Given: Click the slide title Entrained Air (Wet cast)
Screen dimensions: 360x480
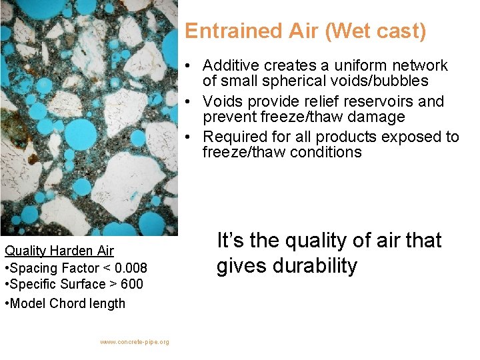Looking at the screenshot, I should point(305,31).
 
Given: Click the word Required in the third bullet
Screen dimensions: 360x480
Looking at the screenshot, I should point(233,137).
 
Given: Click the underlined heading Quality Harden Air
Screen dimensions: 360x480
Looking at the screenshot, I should point(59,251).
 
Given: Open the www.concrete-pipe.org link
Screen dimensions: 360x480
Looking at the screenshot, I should point(135,342).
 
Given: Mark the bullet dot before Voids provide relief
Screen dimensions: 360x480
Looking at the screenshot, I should point(190,101).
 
